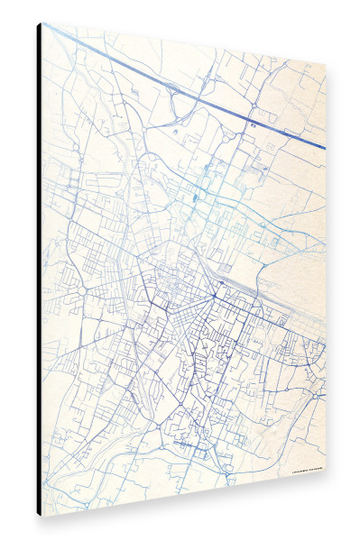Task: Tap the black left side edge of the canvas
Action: click(39, 270)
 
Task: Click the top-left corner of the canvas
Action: click(42, 23)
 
